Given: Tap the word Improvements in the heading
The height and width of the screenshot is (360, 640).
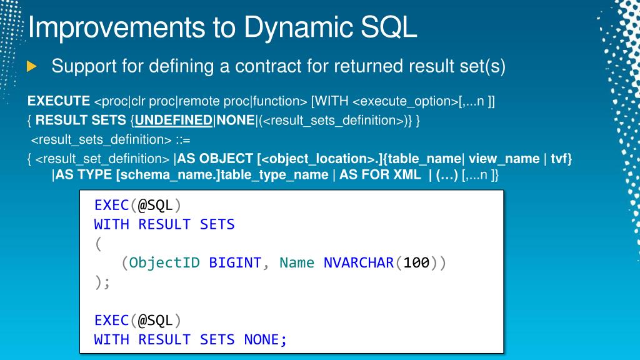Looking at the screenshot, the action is click(x=116, y=27).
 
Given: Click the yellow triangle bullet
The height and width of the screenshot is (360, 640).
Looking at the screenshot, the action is click(x=31, y=66).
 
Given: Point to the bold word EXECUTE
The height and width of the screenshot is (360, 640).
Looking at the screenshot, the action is click(x=59, y=101).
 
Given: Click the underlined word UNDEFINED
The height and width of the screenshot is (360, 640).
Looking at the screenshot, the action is click(x=174, y=121).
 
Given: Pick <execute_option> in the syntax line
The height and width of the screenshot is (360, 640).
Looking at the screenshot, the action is click(x=405, y=101).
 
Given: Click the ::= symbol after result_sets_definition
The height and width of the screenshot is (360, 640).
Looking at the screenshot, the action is click(x=183, y=140).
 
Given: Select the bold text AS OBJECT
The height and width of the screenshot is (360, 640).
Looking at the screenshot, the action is click(x=215, y=158).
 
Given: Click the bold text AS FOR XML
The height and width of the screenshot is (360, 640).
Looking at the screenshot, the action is click(x=380, y=175).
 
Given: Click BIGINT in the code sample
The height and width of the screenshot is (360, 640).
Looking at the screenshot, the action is click(x=235, y=263).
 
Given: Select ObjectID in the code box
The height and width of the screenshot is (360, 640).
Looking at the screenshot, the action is click(x=164, y=263).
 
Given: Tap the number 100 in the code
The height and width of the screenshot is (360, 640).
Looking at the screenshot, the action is click(x=416, y=263).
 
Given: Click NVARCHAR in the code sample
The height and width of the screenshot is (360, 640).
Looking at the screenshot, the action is click(x=359, y=263).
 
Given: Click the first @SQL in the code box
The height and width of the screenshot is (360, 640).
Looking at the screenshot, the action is click(x=155, y=205).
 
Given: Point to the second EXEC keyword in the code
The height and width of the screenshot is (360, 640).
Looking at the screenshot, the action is click(x=112, y=321).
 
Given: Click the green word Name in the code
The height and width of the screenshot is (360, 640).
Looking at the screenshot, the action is click(x=297, y=263).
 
